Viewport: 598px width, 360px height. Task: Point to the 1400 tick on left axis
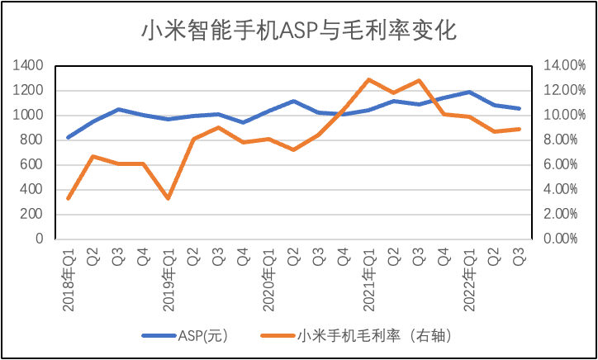pyautogui.click(x=28, y=65)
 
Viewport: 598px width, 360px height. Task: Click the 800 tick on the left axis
pyautogui.click(x=32, y=140)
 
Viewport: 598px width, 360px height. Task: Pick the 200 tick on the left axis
pyautogui.click(x=32, y=214)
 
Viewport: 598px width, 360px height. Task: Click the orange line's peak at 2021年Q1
pyautogui.click(x=368, y=79)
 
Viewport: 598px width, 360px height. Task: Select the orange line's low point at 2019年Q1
pyautogui.click(x=168, y=198)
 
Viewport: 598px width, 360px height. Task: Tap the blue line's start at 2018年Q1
pyautogui.click(x=68, y=137)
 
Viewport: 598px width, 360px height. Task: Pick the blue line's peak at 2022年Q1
pyautogui.click(x=469, y=92)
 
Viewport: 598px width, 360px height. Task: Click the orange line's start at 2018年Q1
pyautogui.click(x=68, y=198)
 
